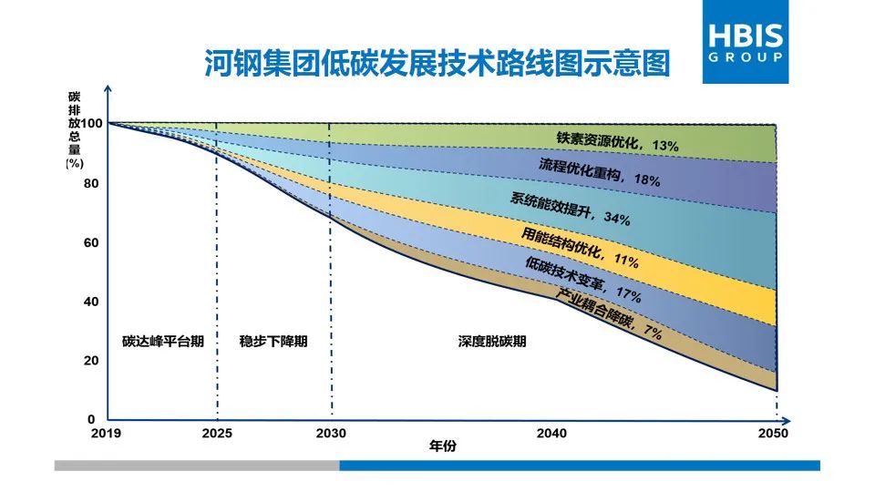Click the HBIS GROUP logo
click(745, 42)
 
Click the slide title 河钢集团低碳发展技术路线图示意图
click(436, 64)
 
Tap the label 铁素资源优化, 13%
click(618, 142)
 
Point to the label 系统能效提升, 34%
click(571, 208)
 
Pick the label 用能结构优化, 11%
click(580, 248)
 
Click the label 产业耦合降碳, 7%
click(609, 313)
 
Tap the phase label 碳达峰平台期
click(163, 342)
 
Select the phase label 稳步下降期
click(273, 342)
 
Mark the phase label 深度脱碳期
click(492, 342)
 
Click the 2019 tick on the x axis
click(108, 433)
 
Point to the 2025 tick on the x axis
click(217, 433)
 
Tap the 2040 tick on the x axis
click(551, 433)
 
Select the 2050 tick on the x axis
click(774, 433)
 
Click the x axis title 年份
click(442, 446)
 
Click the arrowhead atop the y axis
click(108, 88)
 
